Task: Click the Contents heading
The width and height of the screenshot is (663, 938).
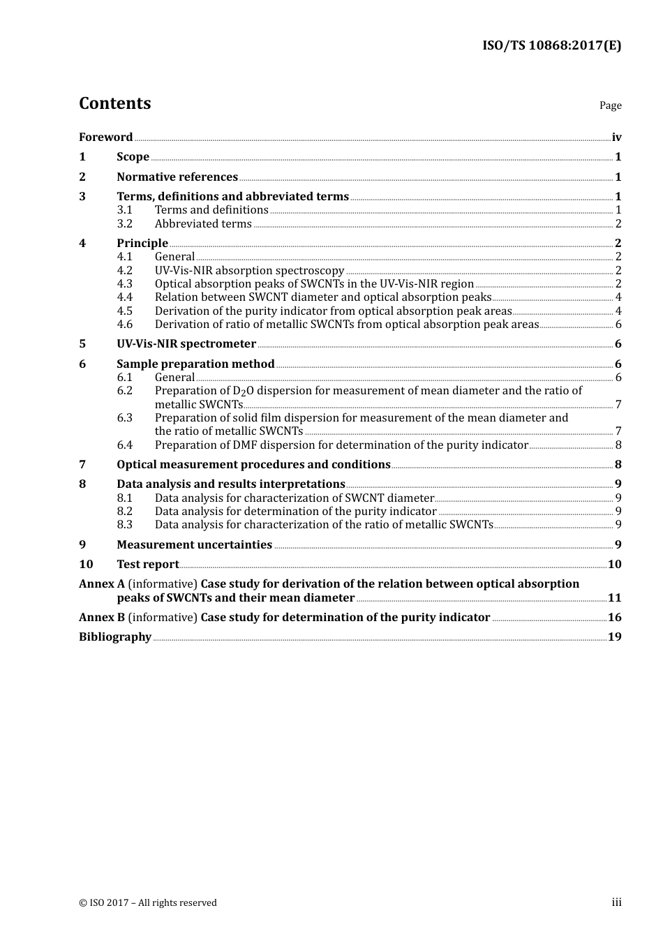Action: point(114,103)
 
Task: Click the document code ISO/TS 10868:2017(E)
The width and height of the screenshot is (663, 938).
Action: point(551,45)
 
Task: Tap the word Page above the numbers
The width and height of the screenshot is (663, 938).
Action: point(610,105)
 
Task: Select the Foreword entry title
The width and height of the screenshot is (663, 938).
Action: point(105,137)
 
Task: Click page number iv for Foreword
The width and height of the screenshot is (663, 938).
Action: point(616,137)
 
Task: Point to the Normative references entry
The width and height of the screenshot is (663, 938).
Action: point(177,177)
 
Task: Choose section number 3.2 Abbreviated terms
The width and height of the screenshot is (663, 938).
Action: point(124,223)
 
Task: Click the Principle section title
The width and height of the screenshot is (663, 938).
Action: point(142,243)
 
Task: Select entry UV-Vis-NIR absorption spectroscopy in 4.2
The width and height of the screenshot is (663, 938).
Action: point(249,270)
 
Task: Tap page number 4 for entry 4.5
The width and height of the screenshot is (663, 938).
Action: point(618,311)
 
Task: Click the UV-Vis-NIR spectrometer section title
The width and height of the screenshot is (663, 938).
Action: point(186,343)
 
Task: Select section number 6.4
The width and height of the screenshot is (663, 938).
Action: point(124,445)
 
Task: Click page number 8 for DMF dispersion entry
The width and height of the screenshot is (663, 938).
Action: point(618,445)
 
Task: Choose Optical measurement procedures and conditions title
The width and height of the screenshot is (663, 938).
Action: point(253,464)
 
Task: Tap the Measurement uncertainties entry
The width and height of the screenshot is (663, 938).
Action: point(194,544)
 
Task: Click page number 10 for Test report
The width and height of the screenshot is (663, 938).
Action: point(615,564)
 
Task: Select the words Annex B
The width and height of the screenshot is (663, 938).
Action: point(102,617)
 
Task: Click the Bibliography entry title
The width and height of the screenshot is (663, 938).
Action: point(115,636)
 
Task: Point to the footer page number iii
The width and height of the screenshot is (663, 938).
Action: point(616,902)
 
